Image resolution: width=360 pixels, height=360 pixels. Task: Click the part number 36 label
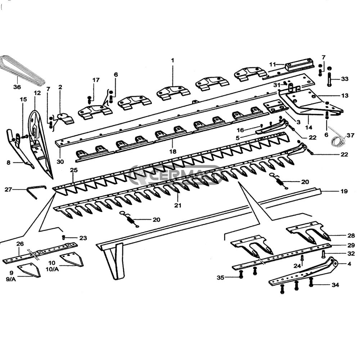point(17,87)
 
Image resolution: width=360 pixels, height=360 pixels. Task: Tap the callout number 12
point(37,93)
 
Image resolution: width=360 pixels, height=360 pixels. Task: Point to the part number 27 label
point(8,189)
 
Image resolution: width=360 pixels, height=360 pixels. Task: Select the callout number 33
point(345,79)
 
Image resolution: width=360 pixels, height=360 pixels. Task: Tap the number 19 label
point(344,191)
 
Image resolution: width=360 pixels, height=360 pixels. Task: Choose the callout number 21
point(178,205)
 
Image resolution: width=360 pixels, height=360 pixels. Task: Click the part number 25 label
point(74,170)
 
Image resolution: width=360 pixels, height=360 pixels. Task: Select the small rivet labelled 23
point(63,237)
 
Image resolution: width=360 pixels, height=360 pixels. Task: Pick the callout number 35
point(221,278)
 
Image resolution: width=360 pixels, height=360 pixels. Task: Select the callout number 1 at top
point(172,60)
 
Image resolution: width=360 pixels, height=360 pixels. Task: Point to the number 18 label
point(173,152)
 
